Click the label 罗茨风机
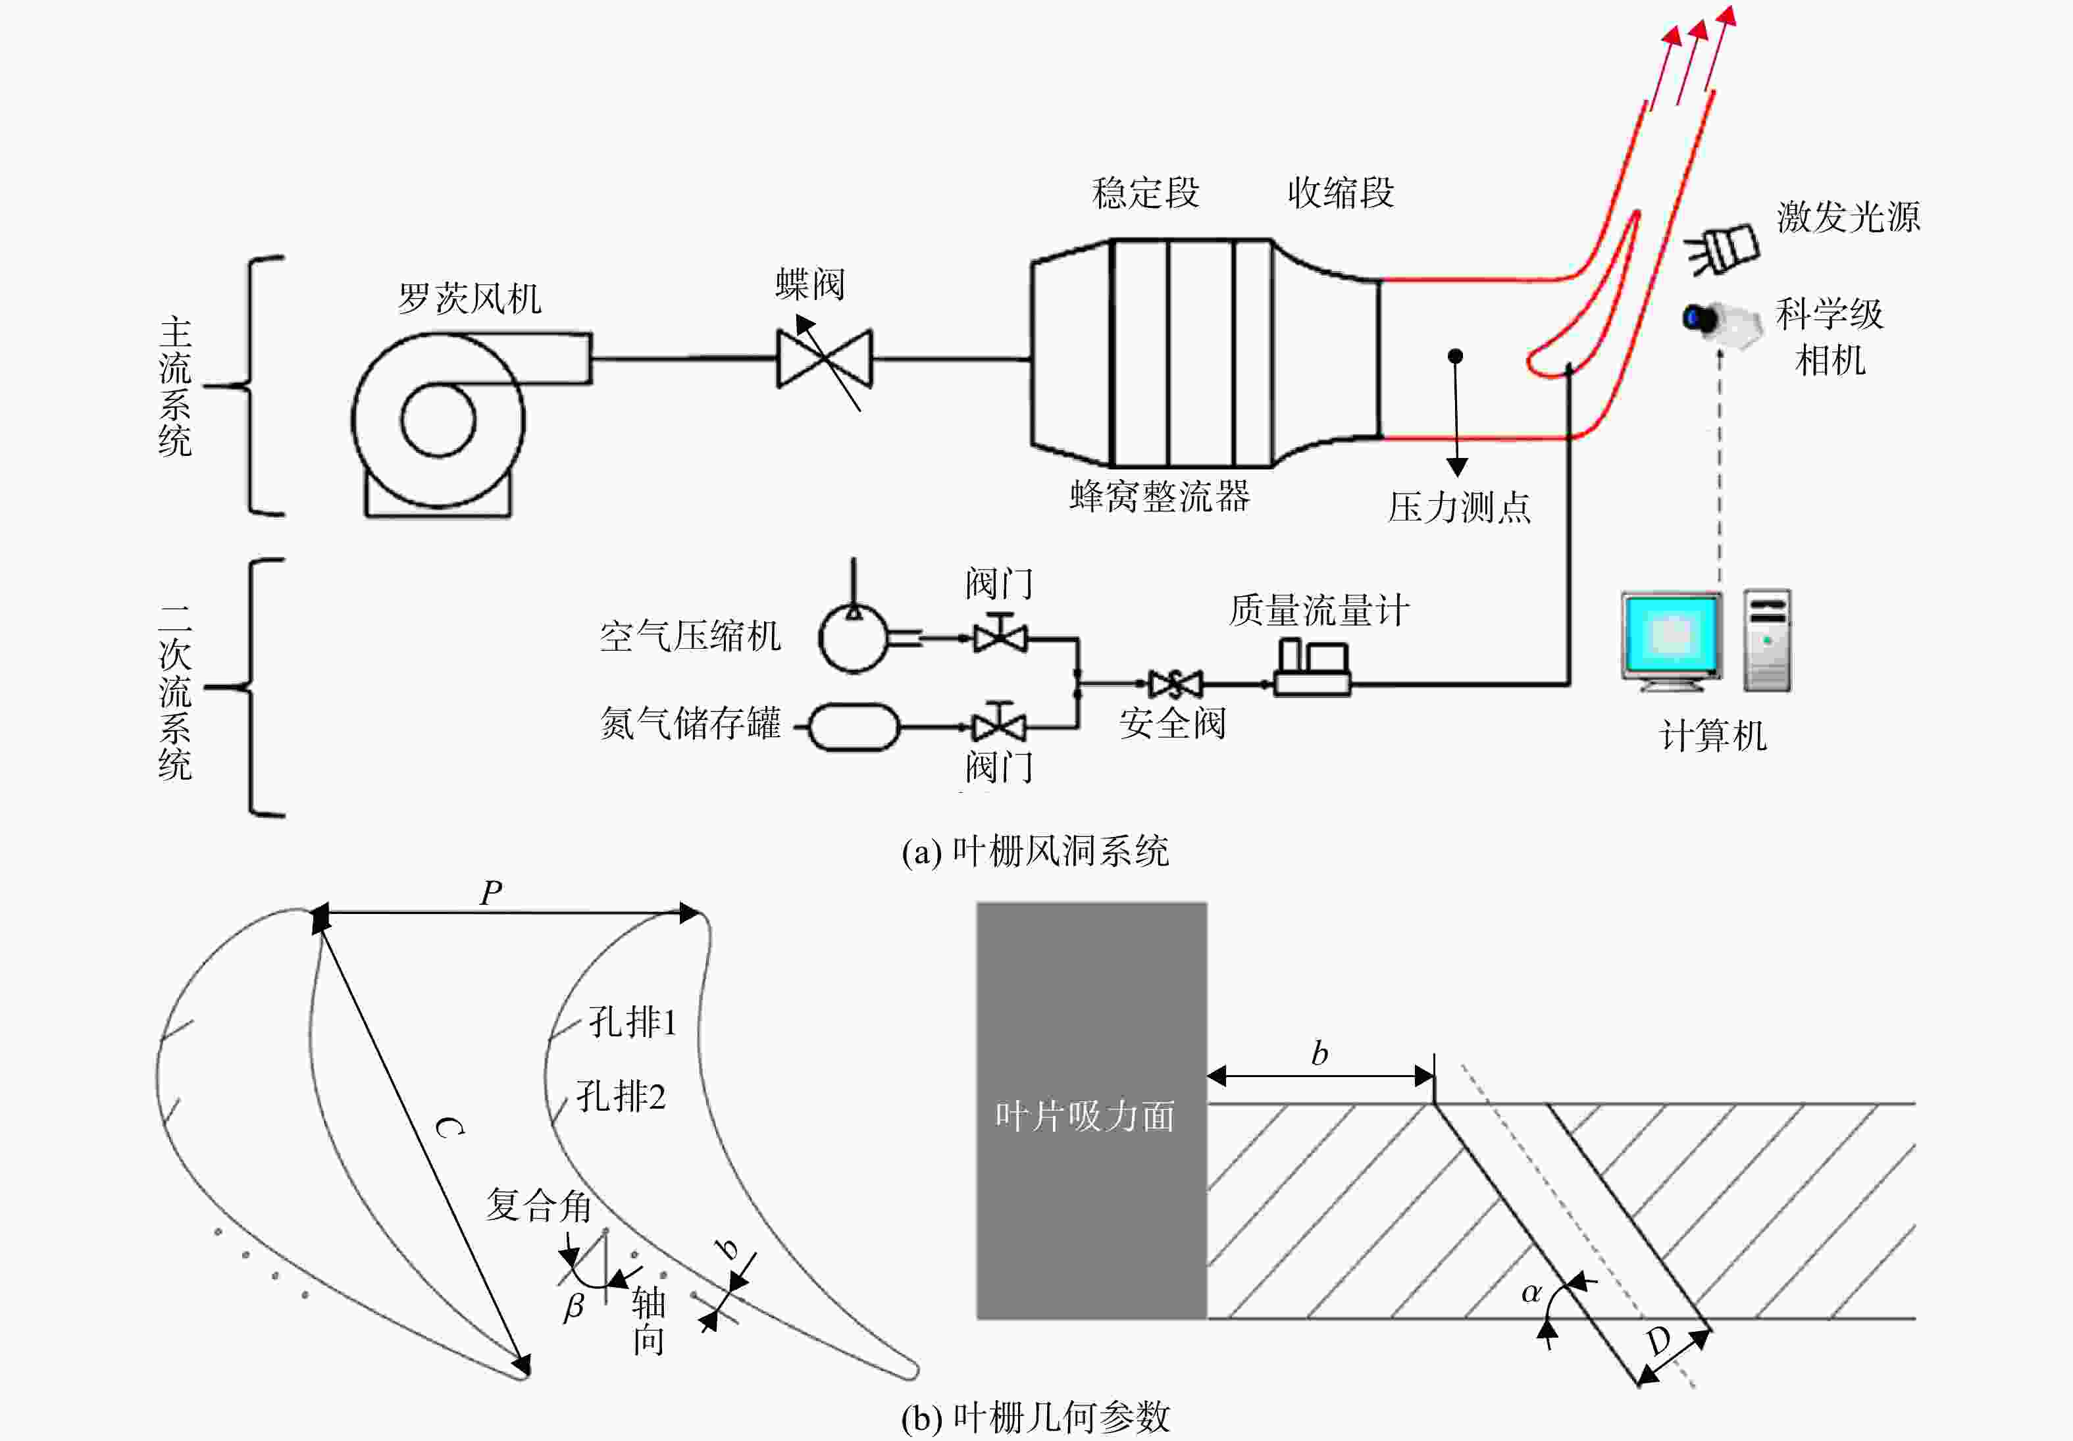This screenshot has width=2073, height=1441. (x=469, y=298)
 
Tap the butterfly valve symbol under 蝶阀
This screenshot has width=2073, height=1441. (x=825, y=359)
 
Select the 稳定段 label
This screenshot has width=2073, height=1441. (x=1146, y=192)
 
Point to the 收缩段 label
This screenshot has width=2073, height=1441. (x=1341, y=192)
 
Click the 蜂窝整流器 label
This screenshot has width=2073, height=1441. (x=1160, y=495)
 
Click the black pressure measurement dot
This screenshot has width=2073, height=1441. (x=1456, y=357)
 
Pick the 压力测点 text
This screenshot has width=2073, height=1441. (x=1459, y=507)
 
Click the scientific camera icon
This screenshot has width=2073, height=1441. (x=1722, y=322)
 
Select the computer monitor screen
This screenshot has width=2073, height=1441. (x=1671, y=635)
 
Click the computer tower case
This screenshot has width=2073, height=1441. (x=1767, y=640)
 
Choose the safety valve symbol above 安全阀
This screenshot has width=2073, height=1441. (x=1175, y=684)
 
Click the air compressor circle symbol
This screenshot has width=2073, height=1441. (x=853, y=638)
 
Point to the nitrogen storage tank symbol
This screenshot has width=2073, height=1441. (x=853, y=727)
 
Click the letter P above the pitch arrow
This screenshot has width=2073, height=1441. (x=491, y=893)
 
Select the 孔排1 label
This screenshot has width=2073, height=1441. (x=632, y=1022)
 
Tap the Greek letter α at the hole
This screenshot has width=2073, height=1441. (x=1530, y=1293)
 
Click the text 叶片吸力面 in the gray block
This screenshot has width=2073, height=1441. (x=1085, y=1117)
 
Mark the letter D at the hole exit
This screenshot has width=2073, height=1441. (x=1660, y=1342)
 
